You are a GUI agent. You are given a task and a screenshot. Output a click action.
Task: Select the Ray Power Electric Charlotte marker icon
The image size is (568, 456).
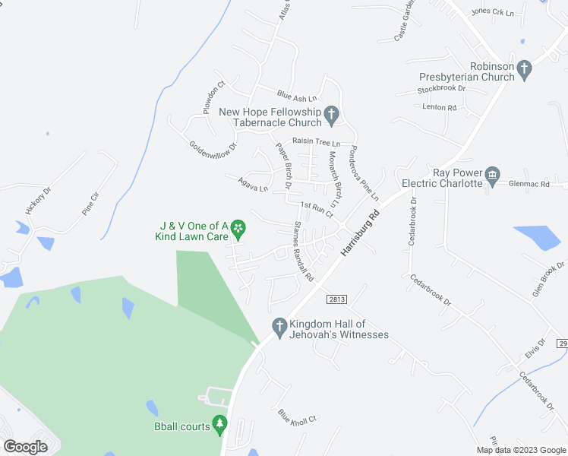tap(492, 177)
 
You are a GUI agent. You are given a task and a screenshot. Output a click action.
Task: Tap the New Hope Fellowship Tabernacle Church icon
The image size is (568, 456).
tap(331, 116)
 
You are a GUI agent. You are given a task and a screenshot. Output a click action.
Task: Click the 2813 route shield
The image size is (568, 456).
tap(338, 299)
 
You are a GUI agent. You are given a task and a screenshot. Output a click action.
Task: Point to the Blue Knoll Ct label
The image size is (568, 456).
tap(297, 419)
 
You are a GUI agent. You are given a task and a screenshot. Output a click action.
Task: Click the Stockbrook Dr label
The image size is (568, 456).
tap(441, 90)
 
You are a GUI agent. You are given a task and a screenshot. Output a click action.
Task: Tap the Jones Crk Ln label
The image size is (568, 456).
tap(493, 12)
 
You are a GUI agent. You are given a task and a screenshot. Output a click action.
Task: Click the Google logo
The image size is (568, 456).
tap(25, 446)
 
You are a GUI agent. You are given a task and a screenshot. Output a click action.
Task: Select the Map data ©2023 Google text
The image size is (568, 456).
tap(520, 449)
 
